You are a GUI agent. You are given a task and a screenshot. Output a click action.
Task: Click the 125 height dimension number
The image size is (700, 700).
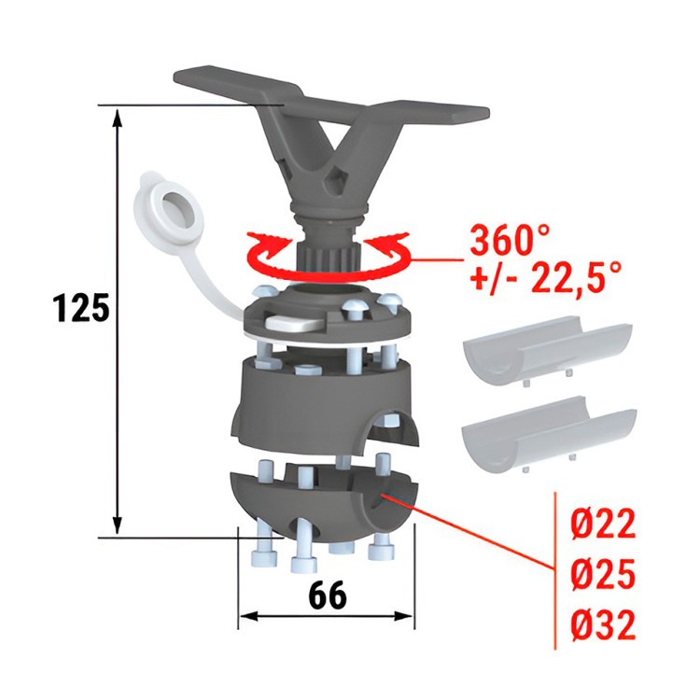tap(80, 308)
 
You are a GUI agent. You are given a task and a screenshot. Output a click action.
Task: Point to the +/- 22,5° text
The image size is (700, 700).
tap(545, 277)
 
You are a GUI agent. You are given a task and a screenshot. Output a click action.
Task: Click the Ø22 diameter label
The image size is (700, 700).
tap(602, 525)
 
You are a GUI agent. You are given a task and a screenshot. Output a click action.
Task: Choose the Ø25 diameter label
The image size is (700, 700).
tap(602, 575)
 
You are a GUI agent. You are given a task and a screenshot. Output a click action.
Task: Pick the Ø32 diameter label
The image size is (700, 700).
tap(602, 625)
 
